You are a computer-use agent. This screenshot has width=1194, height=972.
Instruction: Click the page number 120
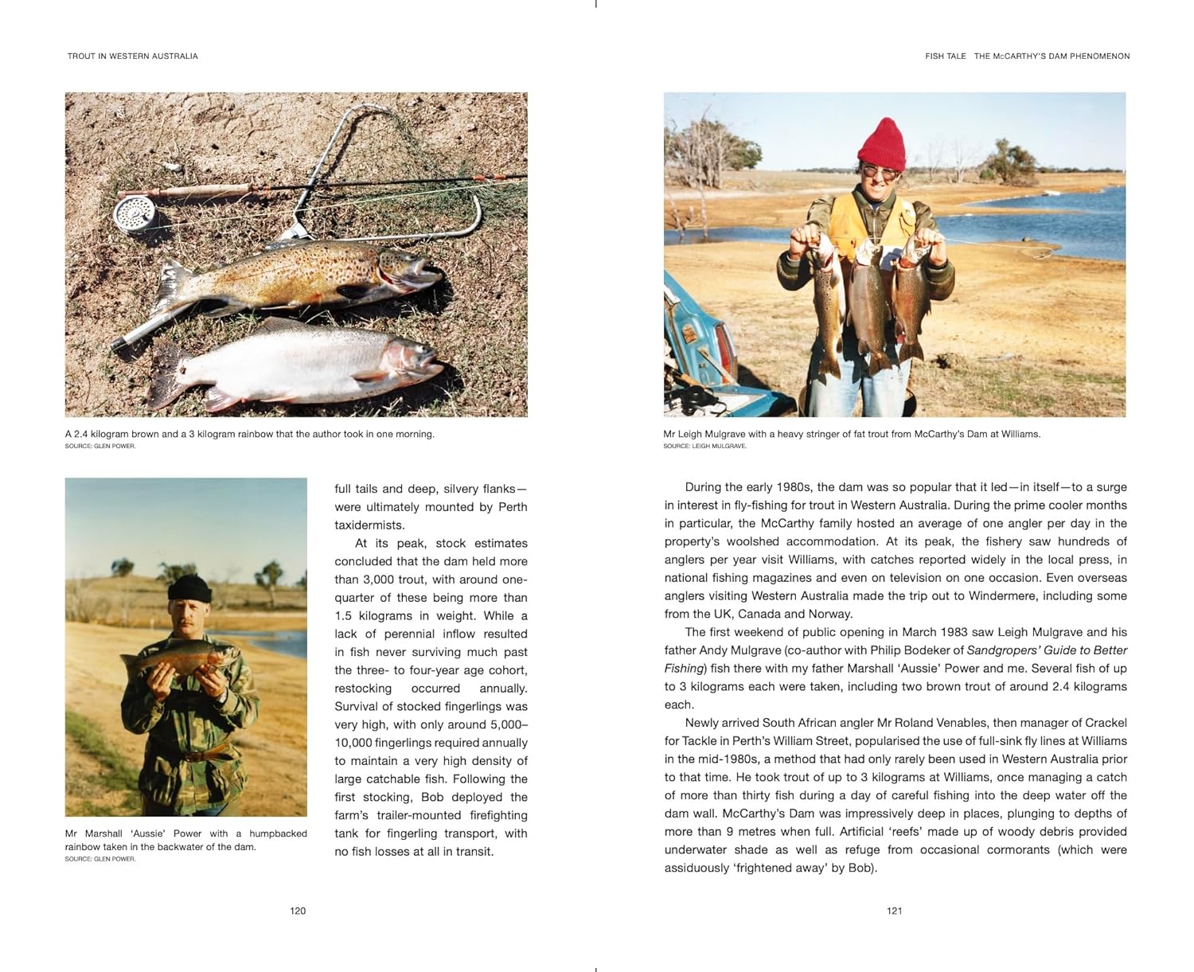(298, 911)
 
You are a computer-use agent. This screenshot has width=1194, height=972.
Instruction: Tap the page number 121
(894, 911)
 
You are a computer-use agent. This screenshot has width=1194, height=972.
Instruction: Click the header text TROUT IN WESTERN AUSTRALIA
(132, 57)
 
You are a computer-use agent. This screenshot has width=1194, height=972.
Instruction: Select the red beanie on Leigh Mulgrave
(881, 144)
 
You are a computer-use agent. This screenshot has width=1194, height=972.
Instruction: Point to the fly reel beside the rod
(135, 213)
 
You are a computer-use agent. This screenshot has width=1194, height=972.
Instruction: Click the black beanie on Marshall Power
(189, 588)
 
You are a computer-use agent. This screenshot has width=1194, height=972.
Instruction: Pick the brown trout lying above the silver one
(302, 275)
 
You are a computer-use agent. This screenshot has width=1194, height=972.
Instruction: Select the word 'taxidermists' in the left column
(370, 525)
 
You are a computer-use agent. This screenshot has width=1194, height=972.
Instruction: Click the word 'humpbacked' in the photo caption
(278, 833)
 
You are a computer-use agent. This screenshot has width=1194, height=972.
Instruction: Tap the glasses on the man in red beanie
(881, 171)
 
